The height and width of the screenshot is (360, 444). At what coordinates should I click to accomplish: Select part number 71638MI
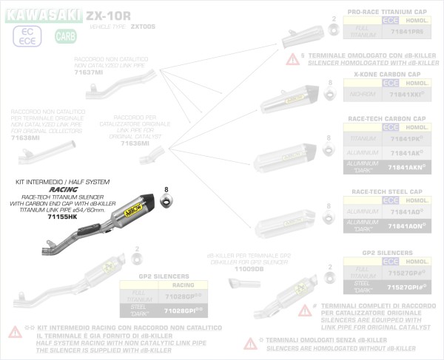point(25,137)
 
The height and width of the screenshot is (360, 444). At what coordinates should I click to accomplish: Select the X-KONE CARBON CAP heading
point(386,75)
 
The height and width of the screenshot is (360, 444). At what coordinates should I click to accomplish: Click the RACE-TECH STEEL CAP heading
point(386,191)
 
